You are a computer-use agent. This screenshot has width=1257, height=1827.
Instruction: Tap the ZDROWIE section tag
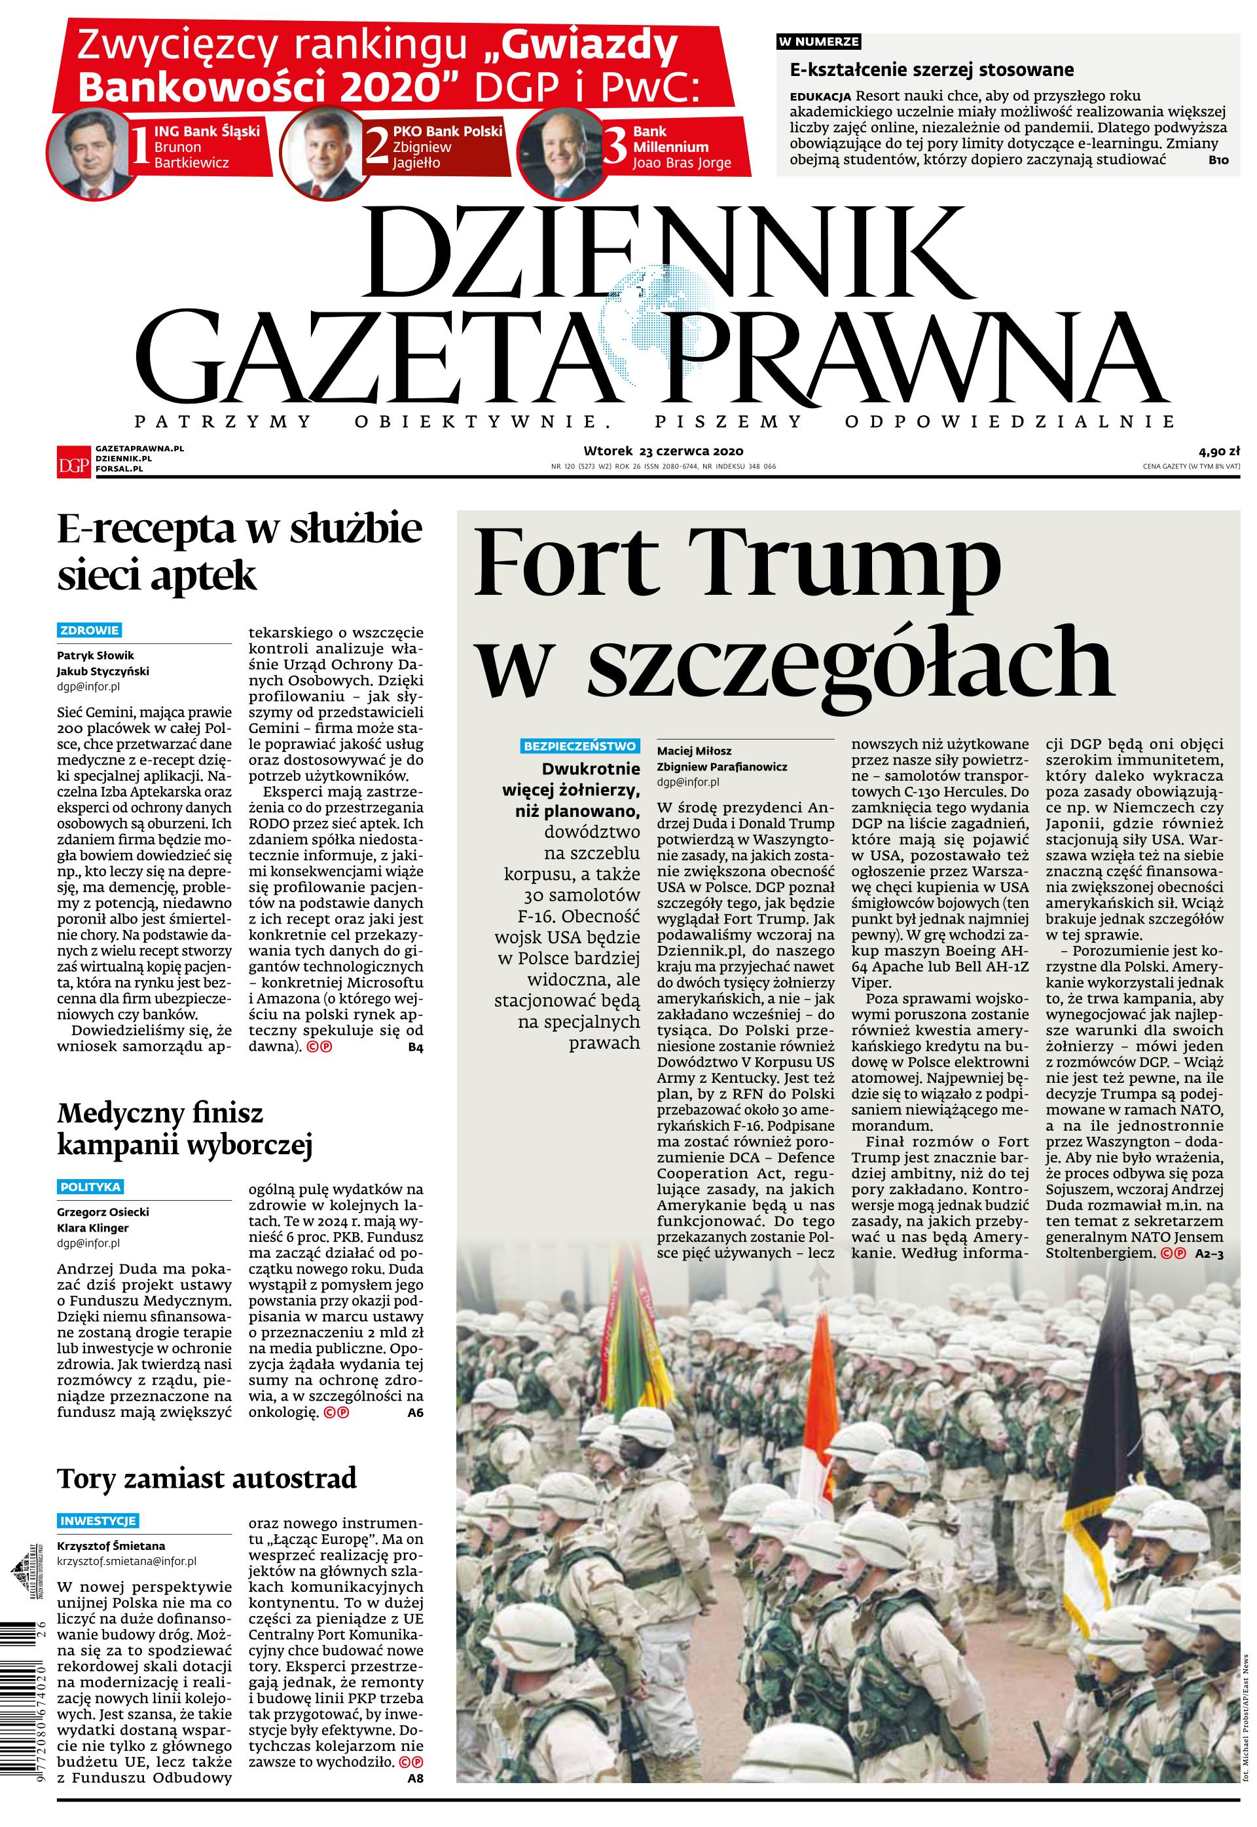click(89, 630)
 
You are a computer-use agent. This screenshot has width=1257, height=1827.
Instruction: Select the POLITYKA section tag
click(90, 1186)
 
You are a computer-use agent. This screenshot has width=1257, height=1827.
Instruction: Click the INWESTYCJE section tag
click(98, 1520)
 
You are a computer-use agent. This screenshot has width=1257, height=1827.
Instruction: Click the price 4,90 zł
click(1219, 451)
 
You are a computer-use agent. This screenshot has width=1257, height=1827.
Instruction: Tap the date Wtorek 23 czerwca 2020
click(663, 451)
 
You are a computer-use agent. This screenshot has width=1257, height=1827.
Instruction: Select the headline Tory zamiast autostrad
click(206, 1477)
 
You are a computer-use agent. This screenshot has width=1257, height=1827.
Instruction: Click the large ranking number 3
click(614, 148)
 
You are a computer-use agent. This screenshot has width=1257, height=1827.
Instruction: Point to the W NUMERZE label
click(819, 41)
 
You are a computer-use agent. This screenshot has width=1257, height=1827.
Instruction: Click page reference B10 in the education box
click(1218, 160)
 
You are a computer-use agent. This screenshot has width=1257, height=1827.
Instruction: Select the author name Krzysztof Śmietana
click(110, 1546)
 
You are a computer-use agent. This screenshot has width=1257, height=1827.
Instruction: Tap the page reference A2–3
click(1209, 1253)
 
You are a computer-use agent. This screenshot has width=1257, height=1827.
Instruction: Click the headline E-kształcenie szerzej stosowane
click(931, 69)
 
